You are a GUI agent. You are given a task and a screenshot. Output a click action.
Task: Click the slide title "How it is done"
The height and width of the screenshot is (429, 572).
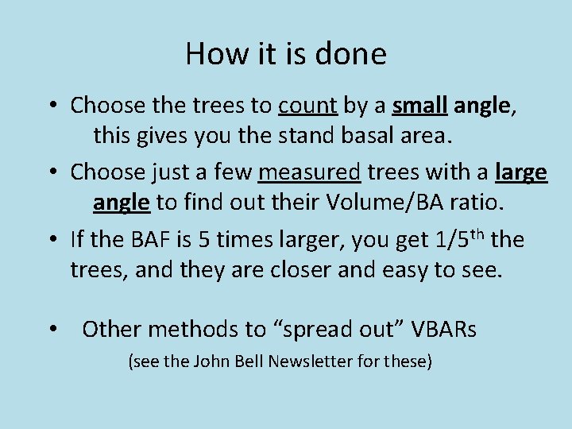(286, 54)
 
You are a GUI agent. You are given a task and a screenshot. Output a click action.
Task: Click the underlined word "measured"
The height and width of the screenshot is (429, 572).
(311, 172)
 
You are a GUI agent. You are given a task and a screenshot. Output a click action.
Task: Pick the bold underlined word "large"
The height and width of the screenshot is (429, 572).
(520, 172)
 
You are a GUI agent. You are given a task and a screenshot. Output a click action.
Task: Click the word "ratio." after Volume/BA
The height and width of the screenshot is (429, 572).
(475, 204)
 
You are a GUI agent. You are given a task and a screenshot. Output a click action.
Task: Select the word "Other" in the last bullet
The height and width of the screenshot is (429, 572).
(111, 329)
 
